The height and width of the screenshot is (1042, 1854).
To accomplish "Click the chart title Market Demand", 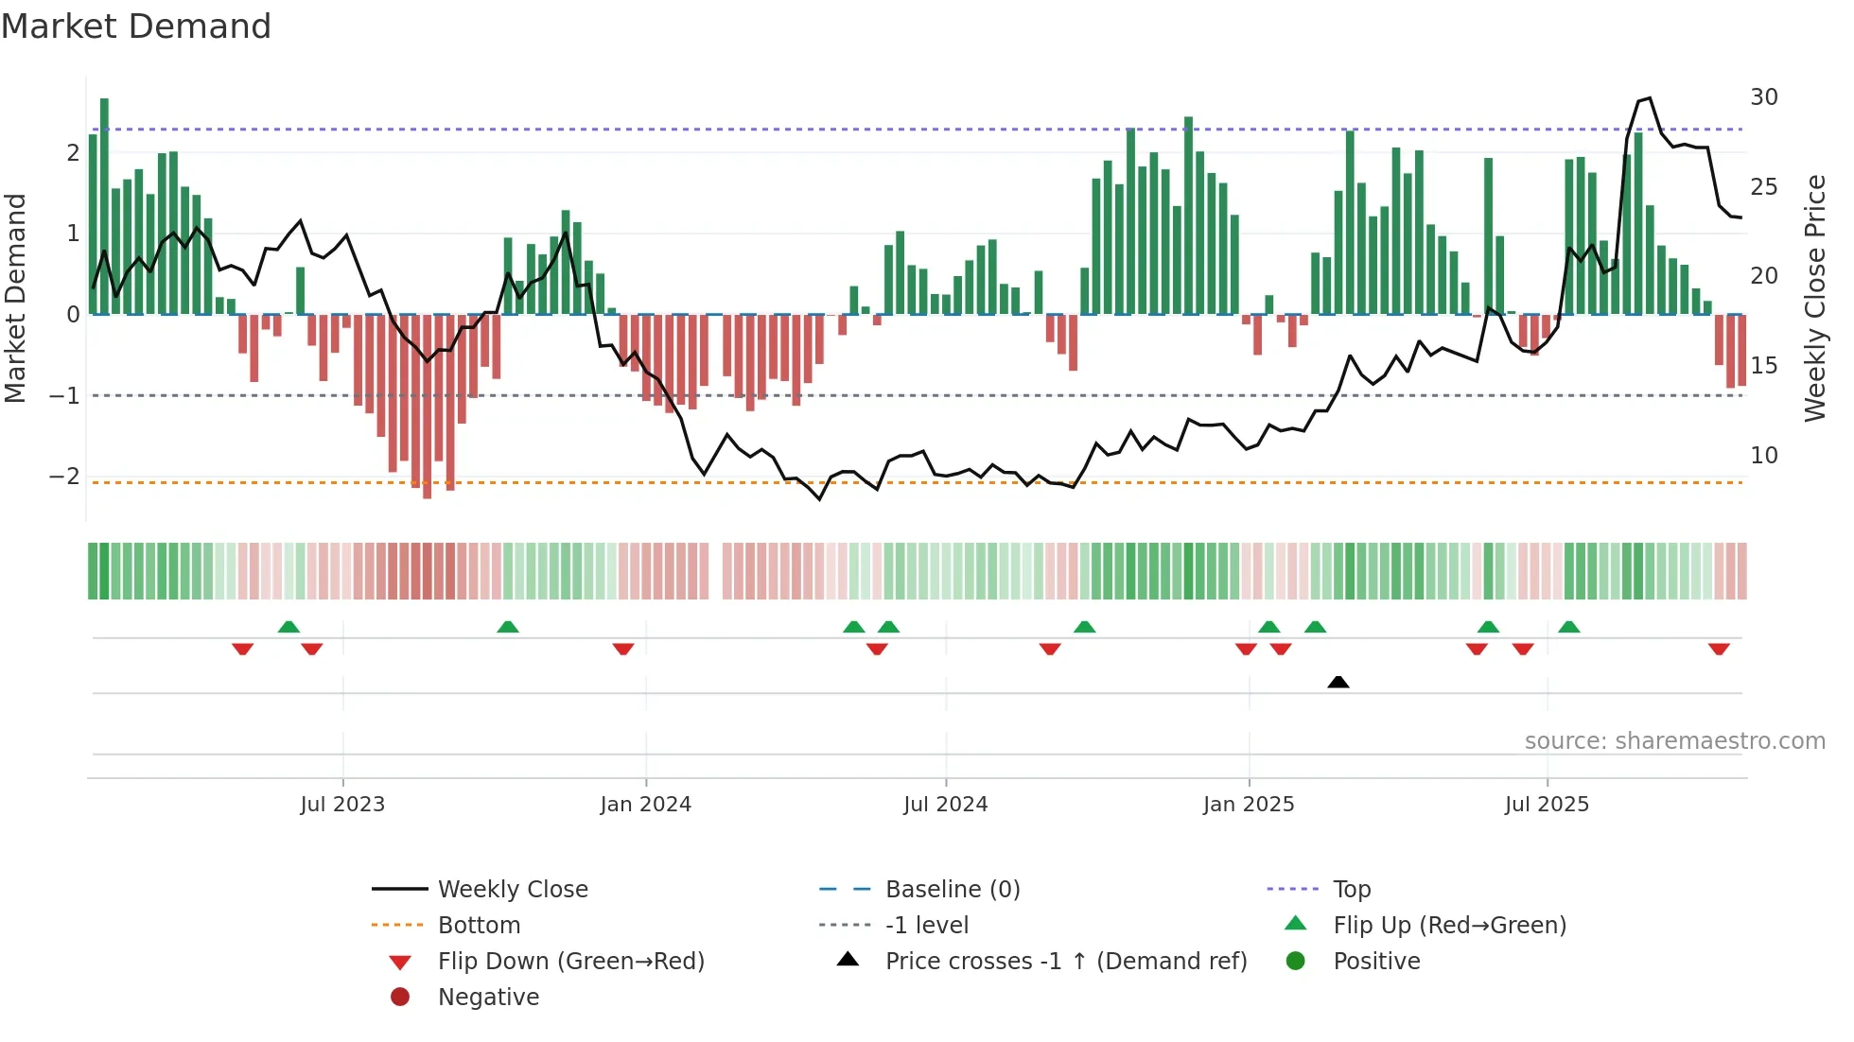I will (136, 26).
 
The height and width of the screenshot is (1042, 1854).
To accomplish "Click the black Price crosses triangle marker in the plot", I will (1338, 682).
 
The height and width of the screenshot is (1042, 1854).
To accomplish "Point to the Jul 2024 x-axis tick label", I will (945, 805).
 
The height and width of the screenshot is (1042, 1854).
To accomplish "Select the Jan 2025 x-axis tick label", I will (1248, 805).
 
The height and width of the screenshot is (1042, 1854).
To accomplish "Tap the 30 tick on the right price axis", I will (1763, 97).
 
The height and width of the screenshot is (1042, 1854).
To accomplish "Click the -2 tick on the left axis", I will (64, 476).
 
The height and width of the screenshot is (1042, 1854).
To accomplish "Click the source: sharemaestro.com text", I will (1674, 741).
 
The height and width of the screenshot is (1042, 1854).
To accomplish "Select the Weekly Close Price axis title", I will (1814, 298).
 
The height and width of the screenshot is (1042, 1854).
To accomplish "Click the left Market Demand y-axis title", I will (15, 298).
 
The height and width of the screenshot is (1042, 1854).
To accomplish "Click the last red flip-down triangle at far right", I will (1719, 649).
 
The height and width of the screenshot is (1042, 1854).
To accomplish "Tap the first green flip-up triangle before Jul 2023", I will (289, 627).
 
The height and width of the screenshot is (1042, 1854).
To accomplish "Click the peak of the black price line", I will (1649, 98).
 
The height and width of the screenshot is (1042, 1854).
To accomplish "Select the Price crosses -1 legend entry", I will (1065, 962).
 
